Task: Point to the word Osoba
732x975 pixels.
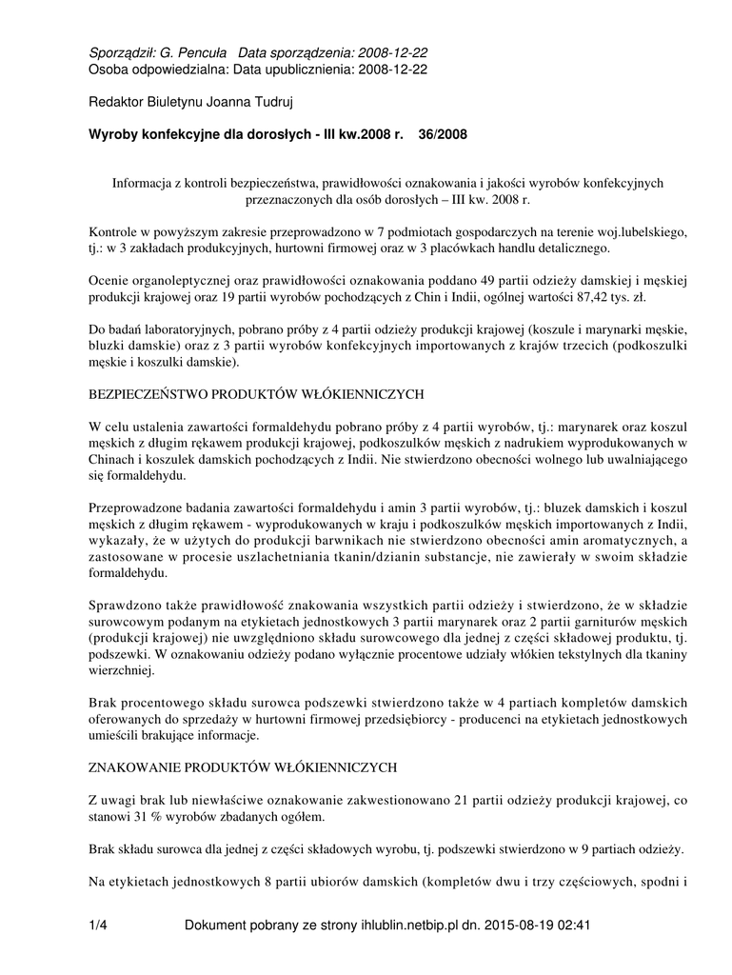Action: [107, 69]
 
